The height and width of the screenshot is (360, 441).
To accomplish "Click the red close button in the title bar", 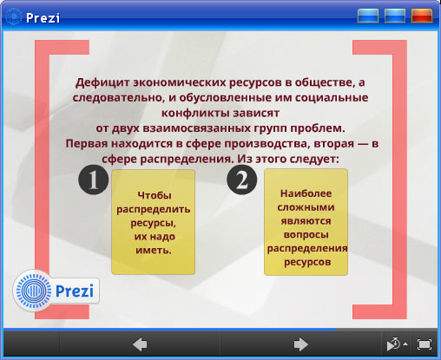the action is tap(422, 16).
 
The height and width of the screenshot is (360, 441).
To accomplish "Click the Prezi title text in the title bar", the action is tap(43, 18).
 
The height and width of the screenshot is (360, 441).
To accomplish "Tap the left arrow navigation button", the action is tap(140, 344).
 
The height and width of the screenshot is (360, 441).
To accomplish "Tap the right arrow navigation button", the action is tap(300, 344).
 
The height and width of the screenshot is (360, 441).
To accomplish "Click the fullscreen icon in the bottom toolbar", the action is tap(425, 344).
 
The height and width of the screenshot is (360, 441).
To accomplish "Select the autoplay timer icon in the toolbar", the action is tap(394, 344).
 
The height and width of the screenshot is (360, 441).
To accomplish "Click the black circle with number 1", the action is tap(93, 180).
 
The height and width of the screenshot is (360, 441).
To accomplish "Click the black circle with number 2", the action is tap(242, 180).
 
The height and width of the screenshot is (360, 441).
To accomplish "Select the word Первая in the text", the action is tap(87, 143).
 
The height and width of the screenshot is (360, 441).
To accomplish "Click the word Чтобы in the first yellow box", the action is tap(155, 195).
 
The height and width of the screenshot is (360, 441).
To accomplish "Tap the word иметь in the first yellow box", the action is tap(154, 250).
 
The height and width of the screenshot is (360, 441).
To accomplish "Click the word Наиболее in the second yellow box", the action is tap(306, 193).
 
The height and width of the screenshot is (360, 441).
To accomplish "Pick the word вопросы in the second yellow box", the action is tap(306, 234).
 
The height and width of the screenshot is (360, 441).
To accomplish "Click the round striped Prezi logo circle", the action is tap(33, 291).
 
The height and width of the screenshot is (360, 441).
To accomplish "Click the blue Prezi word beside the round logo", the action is tap(75, 291).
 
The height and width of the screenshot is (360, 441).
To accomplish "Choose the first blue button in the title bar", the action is tap(368, 16).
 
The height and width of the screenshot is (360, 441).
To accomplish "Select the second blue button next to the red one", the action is tap(395, 16).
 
